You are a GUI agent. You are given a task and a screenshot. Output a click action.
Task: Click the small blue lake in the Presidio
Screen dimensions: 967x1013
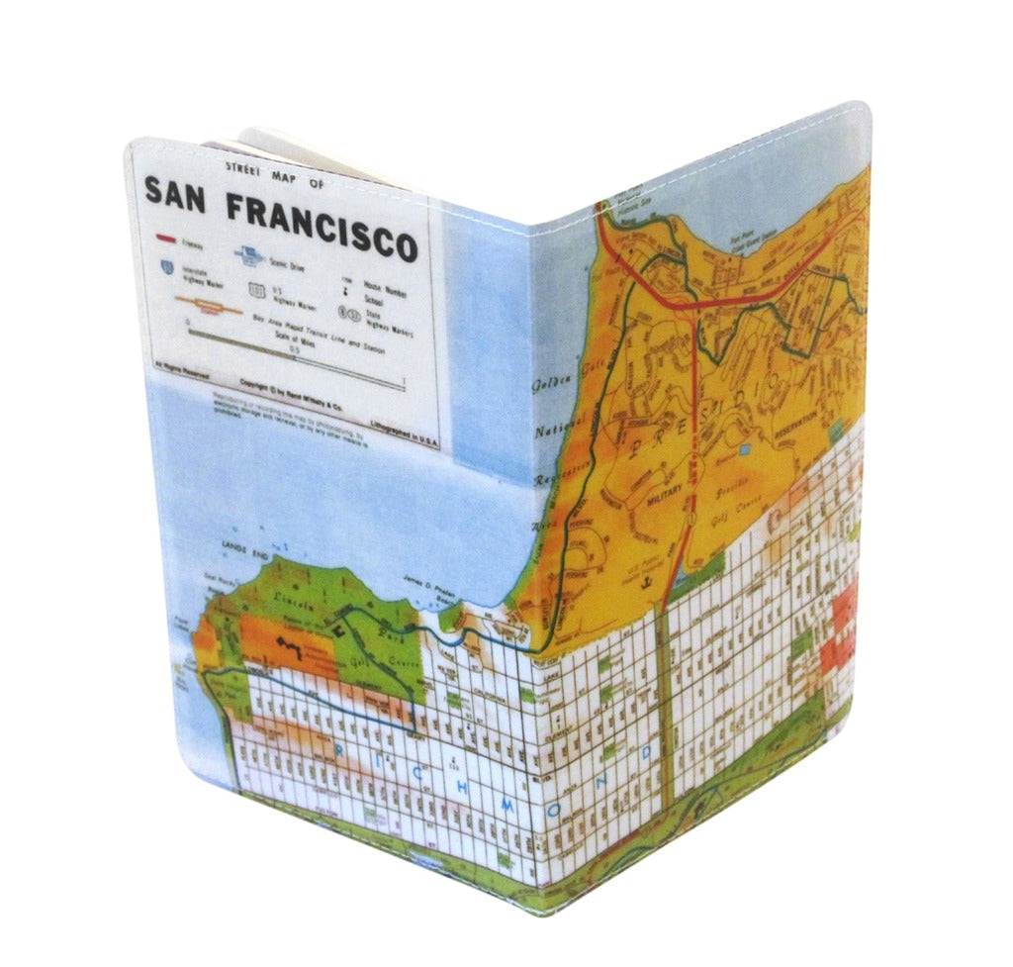(x=743, y=448)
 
